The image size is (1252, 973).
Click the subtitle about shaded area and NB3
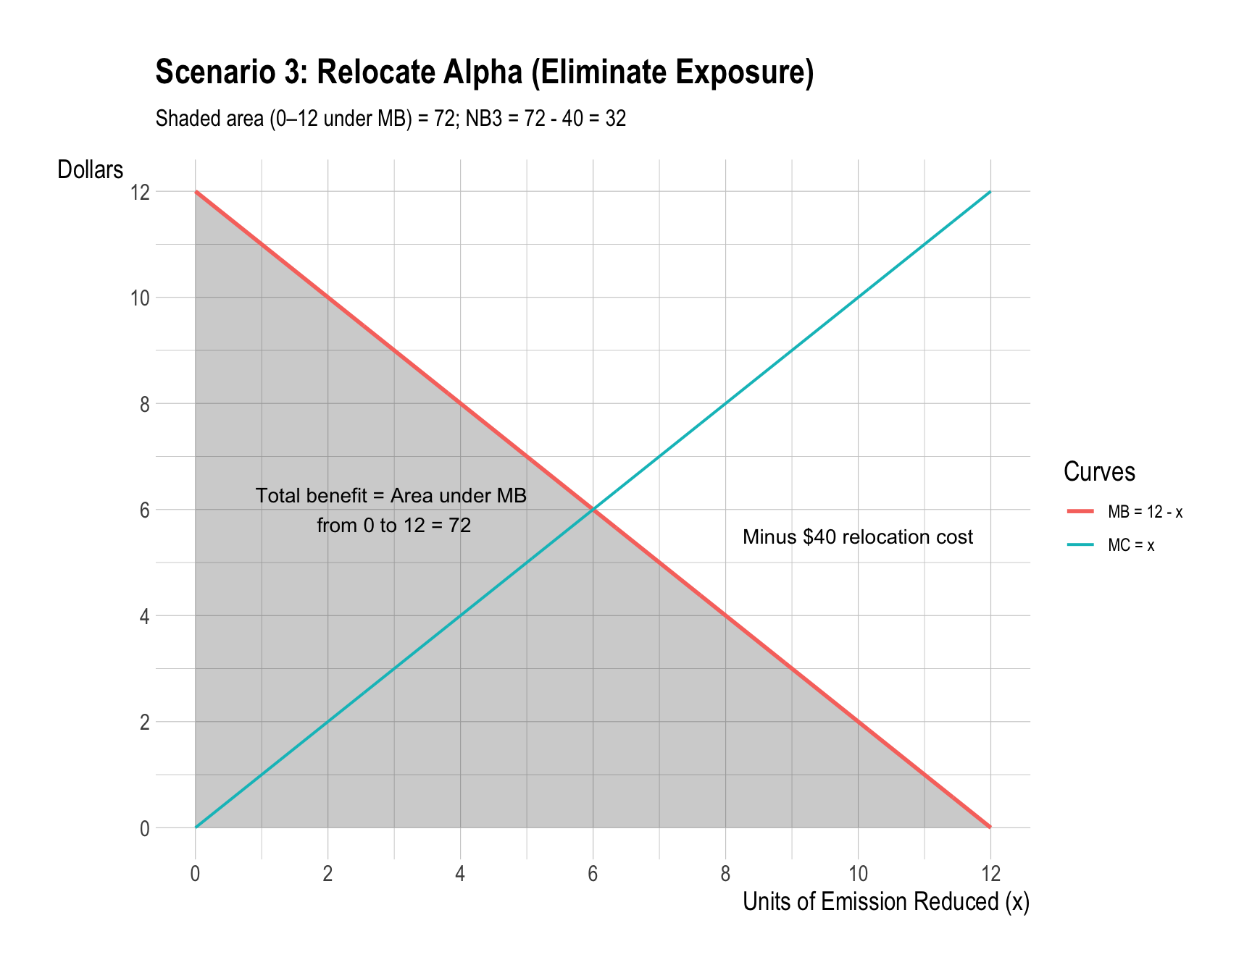point(391,119)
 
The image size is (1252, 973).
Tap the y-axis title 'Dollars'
point(91,170)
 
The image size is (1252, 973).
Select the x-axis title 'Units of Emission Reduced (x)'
point(885,902)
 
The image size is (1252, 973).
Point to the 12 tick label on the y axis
point(140,193)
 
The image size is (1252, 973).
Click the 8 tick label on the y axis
point(144,405)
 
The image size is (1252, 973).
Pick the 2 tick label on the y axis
point(144,723)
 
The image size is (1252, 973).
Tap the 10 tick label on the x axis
point(858,874)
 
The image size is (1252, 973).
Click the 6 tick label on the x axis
point(593,874)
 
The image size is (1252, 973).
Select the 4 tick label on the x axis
point(460,874)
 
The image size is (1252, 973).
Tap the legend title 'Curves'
point(1098,472)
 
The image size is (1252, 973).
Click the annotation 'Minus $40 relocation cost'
point(858,537)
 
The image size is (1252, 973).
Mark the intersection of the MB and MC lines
point(593,510)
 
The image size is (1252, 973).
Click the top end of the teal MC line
point(990,192)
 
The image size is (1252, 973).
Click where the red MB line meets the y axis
point(196,192)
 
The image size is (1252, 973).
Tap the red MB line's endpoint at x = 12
point(990,827)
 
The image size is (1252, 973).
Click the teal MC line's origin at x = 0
point(196,827)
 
